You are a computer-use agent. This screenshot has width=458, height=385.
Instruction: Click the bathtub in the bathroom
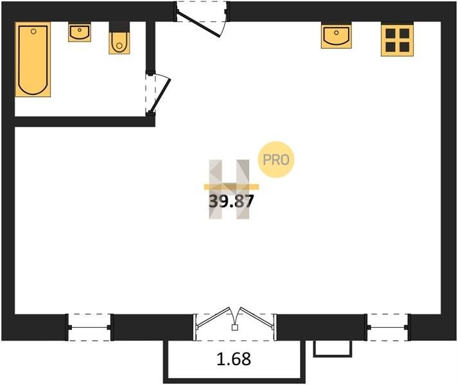[33, 59]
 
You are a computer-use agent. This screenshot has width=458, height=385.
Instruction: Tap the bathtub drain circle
[33, 31]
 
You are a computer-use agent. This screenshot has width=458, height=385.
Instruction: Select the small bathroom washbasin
[80, 32]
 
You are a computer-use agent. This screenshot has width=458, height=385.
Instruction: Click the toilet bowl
[119, 43]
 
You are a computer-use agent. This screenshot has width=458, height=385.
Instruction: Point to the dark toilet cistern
[119, 27]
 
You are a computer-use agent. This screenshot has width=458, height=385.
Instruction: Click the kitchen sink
[336, 35]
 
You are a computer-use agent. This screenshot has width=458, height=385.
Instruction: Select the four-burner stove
[397, 40]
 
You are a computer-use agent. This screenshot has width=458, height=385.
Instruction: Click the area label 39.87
[231, 201]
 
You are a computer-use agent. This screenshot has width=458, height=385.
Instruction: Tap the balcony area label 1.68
[234, 359]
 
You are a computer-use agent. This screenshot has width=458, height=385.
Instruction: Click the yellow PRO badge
[276, 160]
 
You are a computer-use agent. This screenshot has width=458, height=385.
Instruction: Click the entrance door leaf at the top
[198, 24]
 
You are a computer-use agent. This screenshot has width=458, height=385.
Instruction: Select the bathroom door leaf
[159, 96]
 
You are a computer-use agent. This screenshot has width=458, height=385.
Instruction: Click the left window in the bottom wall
[89, 327]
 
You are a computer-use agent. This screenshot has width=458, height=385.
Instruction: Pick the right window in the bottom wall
[387, 327]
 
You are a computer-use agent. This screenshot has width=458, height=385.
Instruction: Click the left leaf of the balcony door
[213, 318]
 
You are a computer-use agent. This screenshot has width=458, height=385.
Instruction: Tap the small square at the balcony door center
[234, 327]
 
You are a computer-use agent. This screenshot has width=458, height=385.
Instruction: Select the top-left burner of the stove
[391, 33]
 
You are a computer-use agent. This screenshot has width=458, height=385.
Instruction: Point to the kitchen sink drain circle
[337, 33]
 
